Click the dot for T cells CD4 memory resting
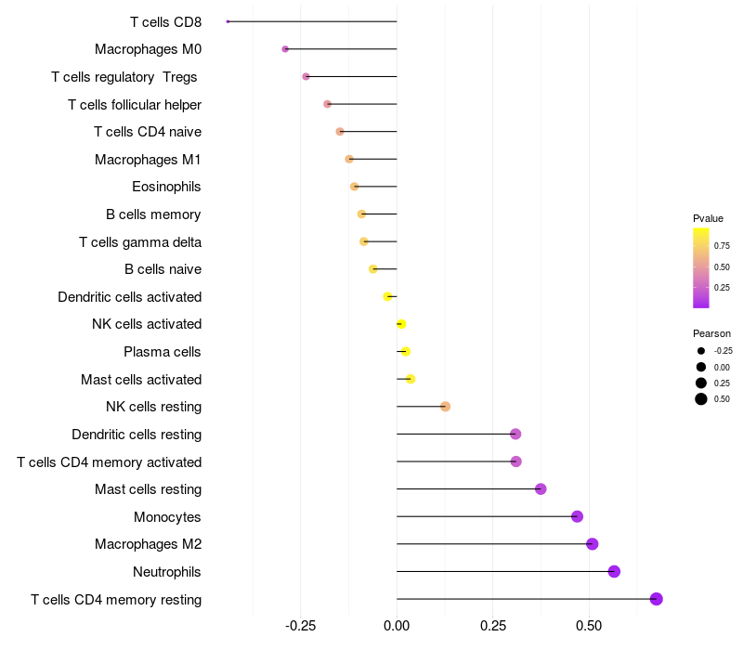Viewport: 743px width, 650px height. coord(657,599)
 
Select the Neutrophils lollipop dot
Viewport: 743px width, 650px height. coord(614,571)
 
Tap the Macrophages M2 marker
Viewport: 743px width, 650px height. coord(593,544)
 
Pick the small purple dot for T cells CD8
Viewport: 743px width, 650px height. coord(228,21)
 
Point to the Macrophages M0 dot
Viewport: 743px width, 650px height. coord(285,49)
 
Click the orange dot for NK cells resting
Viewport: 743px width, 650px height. coord(445,407)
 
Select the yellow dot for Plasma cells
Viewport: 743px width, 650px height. coord(405,352)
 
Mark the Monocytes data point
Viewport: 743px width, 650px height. coord(577,516)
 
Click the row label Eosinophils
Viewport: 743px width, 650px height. coord(166,187)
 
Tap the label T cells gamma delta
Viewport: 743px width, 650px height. coord(140,242)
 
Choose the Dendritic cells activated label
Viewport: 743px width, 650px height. coord(129,297)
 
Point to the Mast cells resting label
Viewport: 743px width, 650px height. coord(148,489)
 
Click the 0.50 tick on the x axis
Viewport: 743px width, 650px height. coord(588,627)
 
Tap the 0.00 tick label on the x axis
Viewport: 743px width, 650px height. coord(397,627)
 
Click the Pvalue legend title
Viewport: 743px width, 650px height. coord(708,218)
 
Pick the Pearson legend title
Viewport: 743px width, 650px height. coord(711,333)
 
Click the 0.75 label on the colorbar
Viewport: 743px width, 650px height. coord(722,246)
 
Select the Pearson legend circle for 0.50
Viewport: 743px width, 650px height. coord(701,399)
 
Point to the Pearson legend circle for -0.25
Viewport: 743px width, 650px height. coord(701,351)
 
